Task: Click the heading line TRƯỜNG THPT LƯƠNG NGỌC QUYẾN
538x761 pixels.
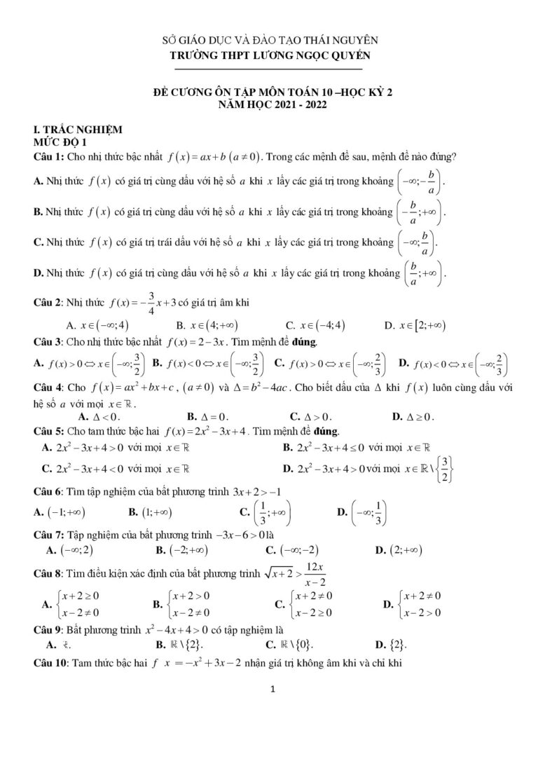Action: click(268, 55)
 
